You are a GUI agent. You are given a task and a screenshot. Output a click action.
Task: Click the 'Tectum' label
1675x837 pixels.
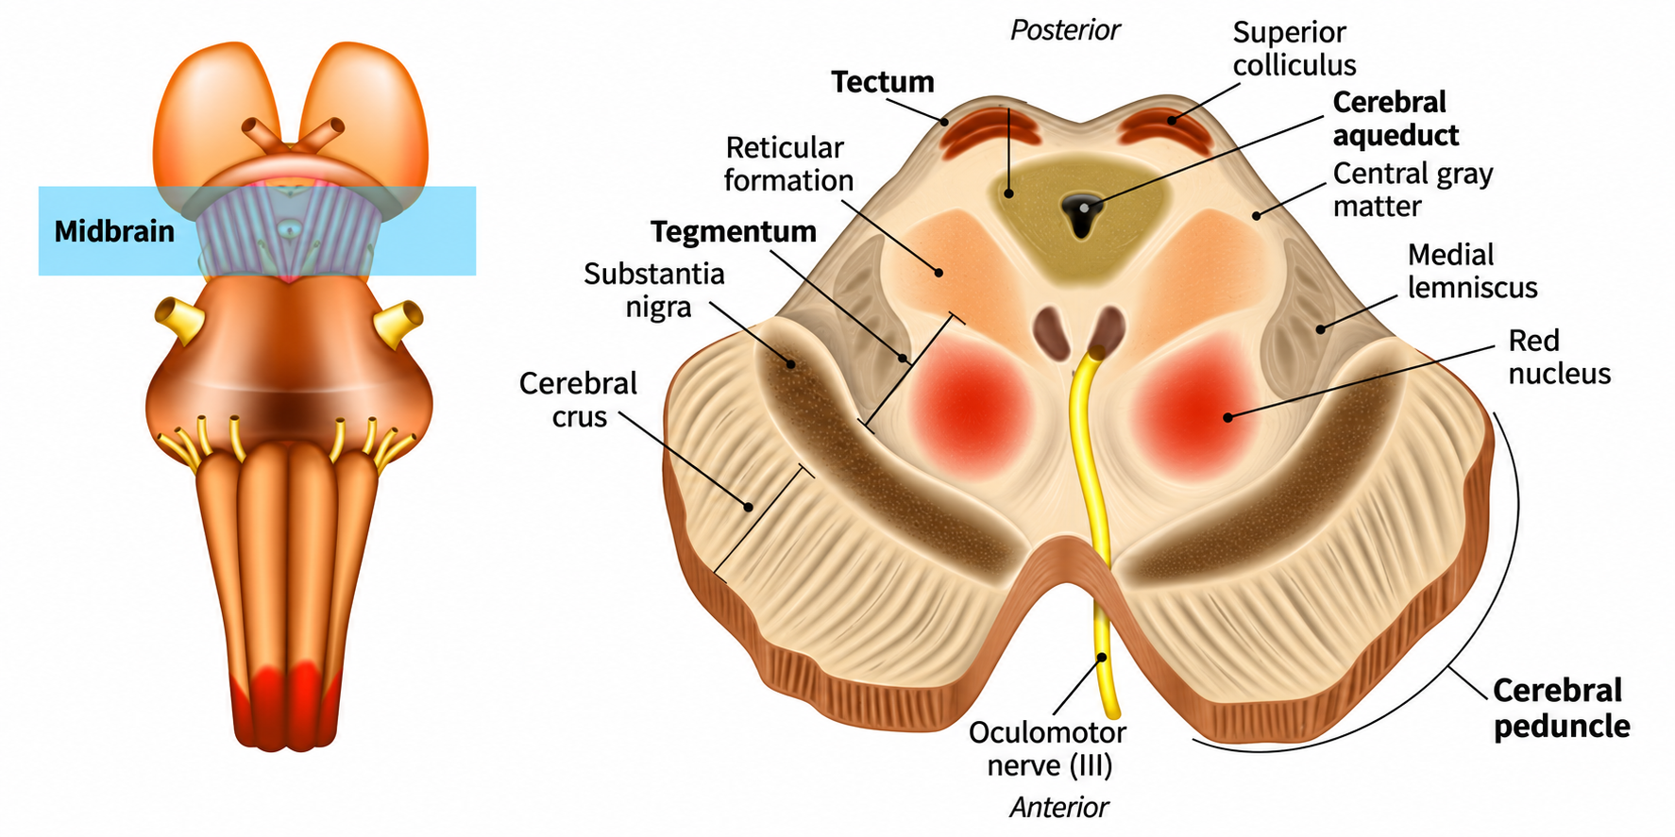[883, 83]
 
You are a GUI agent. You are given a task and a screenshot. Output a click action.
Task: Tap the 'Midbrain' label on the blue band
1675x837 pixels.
[114, 231]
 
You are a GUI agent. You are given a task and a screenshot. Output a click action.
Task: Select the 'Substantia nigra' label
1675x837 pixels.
[654, 291]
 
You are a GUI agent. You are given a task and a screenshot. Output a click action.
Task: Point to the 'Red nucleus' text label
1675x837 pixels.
[1559, 357]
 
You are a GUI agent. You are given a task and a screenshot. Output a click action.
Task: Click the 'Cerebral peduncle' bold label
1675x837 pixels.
[1562, 708]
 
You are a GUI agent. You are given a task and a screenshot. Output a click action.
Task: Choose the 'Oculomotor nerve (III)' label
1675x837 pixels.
[1048, 748]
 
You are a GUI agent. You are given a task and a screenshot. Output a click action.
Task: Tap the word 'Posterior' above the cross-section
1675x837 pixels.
[1065, 30]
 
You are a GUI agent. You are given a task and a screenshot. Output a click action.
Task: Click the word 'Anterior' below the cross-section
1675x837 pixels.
[1059, 808]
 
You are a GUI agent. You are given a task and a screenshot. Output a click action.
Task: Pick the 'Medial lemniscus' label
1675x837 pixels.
[1473, 271]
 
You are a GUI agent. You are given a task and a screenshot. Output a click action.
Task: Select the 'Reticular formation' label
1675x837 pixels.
[788, 164]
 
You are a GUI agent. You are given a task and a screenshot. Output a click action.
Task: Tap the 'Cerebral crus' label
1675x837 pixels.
[578, 400]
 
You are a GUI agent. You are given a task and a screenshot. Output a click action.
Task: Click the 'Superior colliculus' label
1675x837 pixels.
[1294, 48]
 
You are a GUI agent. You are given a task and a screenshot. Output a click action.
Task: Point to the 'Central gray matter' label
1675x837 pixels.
[1413, 190]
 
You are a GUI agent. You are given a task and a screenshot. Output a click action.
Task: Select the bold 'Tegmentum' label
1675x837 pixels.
[734, 232]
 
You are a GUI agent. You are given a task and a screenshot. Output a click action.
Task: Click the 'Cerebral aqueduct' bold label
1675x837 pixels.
[1396, 119]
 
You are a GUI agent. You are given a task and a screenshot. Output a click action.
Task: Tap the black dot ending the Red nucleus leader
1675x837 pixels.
[1228, 417]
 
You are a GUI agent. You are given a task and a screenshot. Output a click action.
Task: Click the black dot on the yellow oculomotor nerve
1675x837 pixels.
[1102, 658]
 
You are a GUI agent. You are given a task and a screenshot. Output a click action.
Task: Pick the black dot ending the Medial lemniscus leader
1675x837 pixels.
[1321, 329]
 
